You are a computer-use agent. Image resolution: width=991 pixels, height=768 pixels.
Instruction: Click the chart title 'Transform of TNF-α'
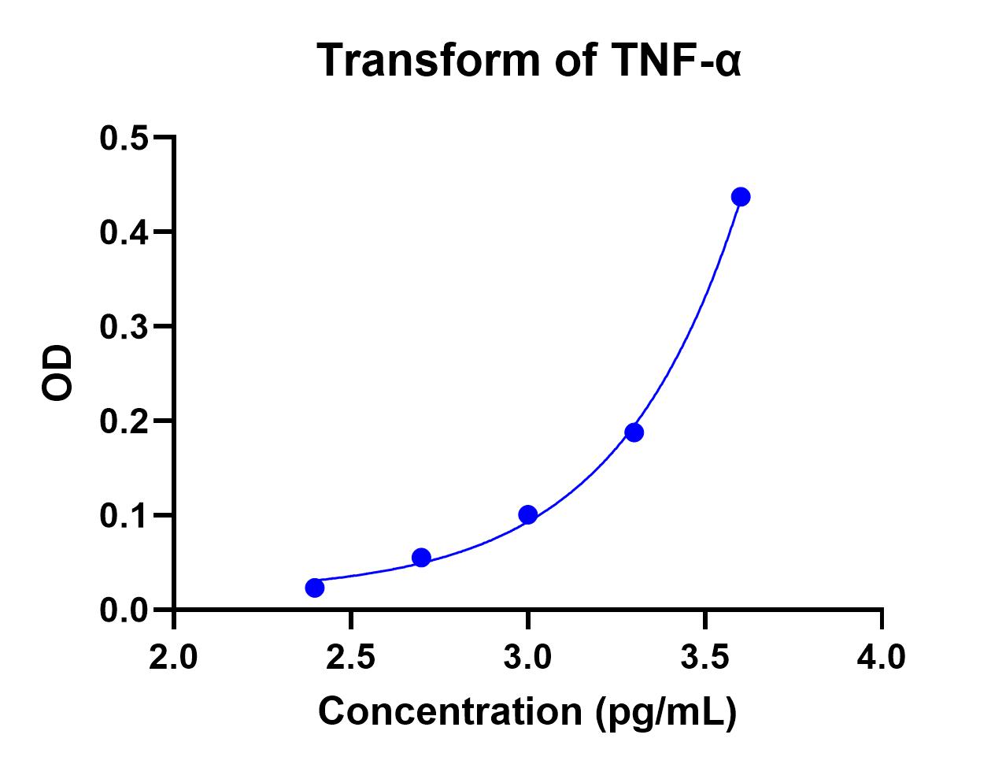pyautogui.click(x=528, y=60)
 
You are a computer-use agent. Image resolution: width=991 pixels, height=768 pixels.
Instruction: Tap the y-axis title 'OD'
pyautogui.click(x=57, y=373)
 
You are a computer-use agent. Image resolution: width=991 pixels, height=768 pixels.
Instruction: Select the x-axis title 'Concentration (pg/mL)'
pyautogui.click(x=527, y=711)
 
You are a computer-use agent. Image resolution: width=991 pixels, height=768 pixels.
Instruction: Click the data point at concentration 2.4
pyautogui.click(x=315, y=588)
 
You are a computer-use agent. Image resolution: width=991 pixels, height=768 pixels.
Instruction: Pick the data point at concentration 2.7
pyautogui.click(x=421, y=558)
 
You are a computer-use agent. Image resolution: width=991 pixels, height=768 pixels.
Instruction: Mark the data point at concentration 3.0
pyautogui.click(x=528, y=515)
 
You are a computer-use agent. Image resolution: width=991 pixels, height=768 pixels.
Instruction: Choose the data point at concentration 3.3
pyautogui.click(x=634, y=432)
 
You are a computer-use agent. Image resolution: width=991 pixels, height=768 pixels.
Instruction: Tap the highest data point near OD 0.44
pyautogui.click(x=741, y=197)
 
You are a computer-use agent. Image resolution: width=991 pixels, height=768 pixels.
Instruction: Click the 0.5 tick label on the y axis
pyautogui.click(x=124, y=138)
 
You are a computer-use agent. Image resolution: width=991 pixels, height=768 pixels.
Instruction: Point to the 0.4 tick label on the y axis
pyautogui.click(x=124, y=232)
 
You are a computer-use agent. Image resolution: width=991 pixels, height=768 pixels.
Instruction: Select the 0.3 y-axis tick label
pyautogui.click(x=124, y=327)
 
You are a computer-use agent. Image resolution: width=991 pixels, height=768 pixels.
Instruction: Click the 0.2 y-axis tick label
pyautogui.click(x=124, y=421)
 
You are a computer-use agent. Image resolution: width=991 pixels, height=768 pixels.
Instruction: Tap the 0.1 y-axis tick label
pyautogui.click(x=124, y=516)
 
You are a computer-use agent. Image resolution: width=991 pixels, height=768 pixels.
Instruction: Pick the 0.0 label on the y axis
pyautogui.click(x=124, y=610)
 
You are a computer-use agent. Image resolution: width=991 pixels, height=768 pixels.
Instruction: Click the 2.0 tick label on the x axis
pyautogui.click(x=174, y=656)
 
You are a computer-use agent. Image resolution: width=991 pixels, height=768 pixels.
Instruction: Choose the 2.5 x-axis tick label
pyautogui.click(x=351, y=656)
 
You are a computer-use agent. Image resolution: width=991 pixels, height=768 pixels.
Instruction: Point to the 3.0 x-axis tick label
pyautogui.click(x=528, y=656)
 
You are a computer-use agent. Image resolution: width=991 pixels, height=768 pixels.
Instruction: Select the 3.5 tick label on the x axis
pyautogui.click(x=705, y=656)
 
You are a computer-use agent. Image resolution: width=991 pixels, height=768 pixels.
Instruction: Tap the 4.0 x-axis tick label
pyautogui.click(x=882, y=656)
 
